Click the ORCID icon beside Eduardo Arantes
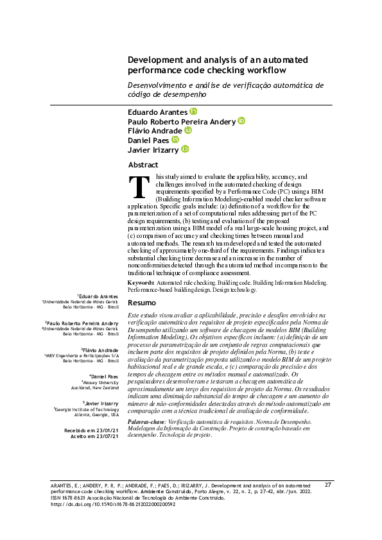(193, 112)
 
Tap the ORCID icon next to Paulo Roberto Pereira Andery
(241, 121)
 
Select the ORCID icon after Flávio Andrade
(188, 130)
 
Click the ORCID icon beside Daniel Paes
(175, 139)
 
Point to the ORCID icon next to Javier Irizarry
(185, 149)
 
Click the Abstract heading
(143, 165)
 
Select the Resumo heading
(142, 303)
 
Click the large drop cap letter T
(139, 187)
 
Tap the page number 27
(327, 502)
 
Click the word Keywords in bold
(141, 283)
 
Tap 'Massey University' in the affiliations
(104, 382)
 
